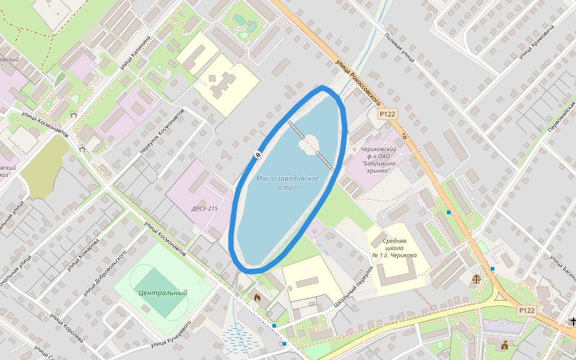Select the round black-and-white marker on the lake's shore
point(258,155)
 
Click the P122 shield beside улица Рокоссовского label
point(388,113)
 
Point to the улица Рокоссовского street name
point(358,81)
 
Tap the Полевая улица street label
point(400,47)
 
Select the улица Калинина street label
point(134,52)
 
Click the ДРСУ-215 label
point(204,209)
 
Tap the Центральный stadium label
point(163,293)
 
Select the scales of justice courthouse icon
point(476,279)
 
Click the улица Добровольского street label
point(106,273)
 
